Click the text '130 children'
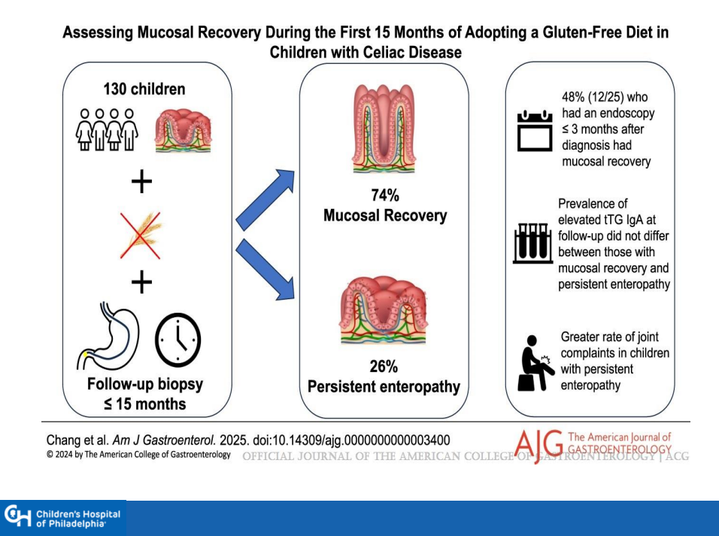tap(144, 89)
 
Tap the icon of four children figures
tap(107, 130)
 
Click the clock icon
tap(178, 339)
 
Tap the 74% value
tap(384, 196)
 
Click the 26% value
tap(384, 367)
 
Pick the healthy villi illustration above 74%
tap(384, 129)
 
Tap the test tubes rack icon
tap(532, 242)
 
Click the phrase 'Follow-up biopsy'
tap(145, 385)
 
